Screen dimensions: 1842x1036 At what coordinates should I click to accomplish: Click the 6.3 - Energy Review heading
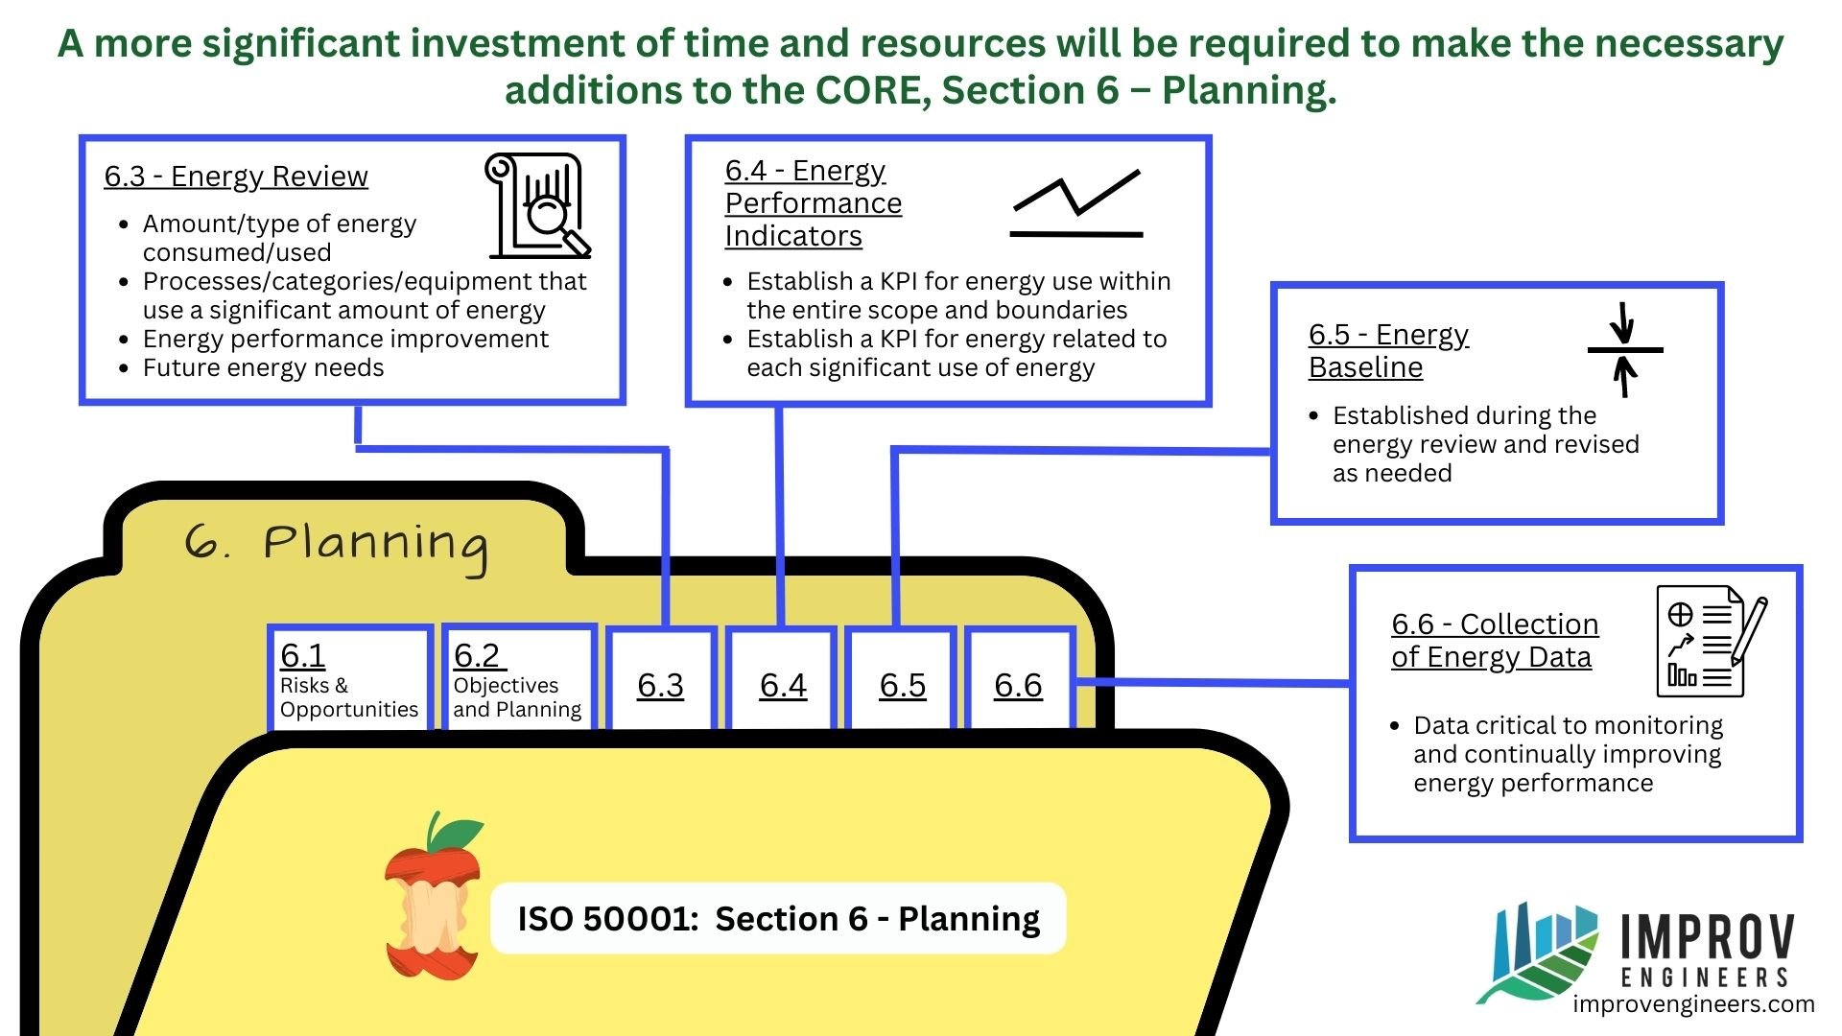point(236,177)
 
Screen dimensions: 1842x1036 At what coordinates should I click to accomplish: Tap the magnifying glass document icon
point(537,206)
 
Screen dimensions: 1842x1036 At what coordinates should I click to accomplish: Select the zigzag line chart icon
point(1076,203)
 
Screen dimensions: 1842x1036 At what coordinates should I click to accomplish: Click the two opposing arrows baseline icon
point(1624,350)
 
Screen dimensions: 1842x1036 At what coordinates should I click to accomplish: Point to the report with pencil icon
point(1711,641)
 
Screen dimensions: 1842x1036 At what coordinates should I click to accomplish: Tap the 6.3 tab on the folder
point(661,684)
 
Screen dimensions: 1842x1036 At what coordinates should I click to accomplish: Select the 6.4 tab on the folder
point(783,684)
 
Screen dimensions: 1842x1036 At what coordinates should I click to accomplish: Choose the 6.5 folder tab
point(903,684)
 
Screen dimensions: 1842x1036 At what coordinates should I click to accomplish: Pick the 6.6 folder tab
point(1018,684)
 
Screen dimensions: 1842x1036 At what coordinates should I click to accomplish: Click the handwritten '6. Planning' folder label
point(336,545)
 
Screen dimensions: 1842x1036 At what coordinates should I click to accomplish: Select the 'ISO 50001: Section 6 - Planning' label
point(778,918)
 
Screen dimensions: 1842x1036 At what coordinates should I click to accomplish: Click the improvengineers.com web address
point(1693,1004)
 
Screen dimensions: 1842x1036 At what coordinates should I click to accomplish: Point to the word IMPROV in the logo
point(1707,937)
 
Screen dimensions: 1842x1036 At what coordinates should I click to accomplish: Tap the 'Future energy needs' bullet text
point(263,368)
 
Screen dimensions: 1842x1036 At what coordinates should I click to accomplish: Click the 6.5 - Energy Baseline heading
point(1388,351)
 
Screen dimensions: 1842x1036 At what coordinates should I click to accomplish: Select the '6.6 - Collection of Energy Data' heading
point(1494,640)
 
